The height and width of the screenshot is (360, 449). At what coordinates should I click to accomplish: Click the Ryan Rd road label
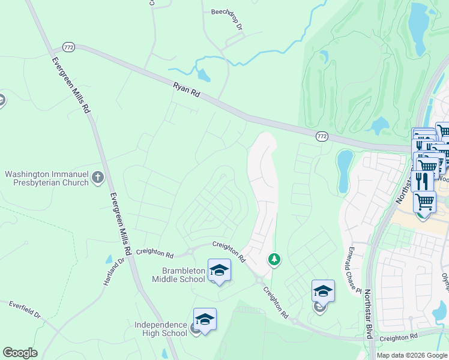(186, 91)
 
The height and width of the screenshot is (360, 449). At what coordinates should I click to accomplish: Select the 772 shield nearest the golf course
(322, 137)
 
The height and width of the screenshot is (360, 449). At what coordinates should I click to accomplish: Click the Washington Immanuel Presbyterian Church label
(47, 178)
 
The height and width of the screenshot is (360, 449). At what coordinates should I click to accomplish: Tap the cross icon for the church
(98, 178)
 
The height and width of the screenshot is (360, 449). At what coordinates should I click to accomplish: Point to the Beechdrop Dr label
(226, 19)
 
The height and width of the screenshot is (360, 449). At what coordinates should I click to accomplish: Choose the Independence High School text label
(161, 329)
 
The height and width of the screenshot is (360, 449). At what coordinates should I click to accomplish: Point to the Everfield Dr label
(24, 310)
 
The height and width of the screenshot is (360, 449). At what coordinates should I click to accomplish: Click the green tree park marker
(274, 259)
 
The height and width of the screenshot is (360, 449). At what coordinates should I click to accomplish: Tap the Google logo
(20, 353)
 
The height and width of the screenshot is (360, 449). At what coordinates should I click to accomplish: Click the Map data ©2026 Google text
(412, 355)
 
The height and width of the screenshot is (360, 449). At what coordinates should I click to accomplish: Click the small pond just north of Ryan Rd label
(203, 76)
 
